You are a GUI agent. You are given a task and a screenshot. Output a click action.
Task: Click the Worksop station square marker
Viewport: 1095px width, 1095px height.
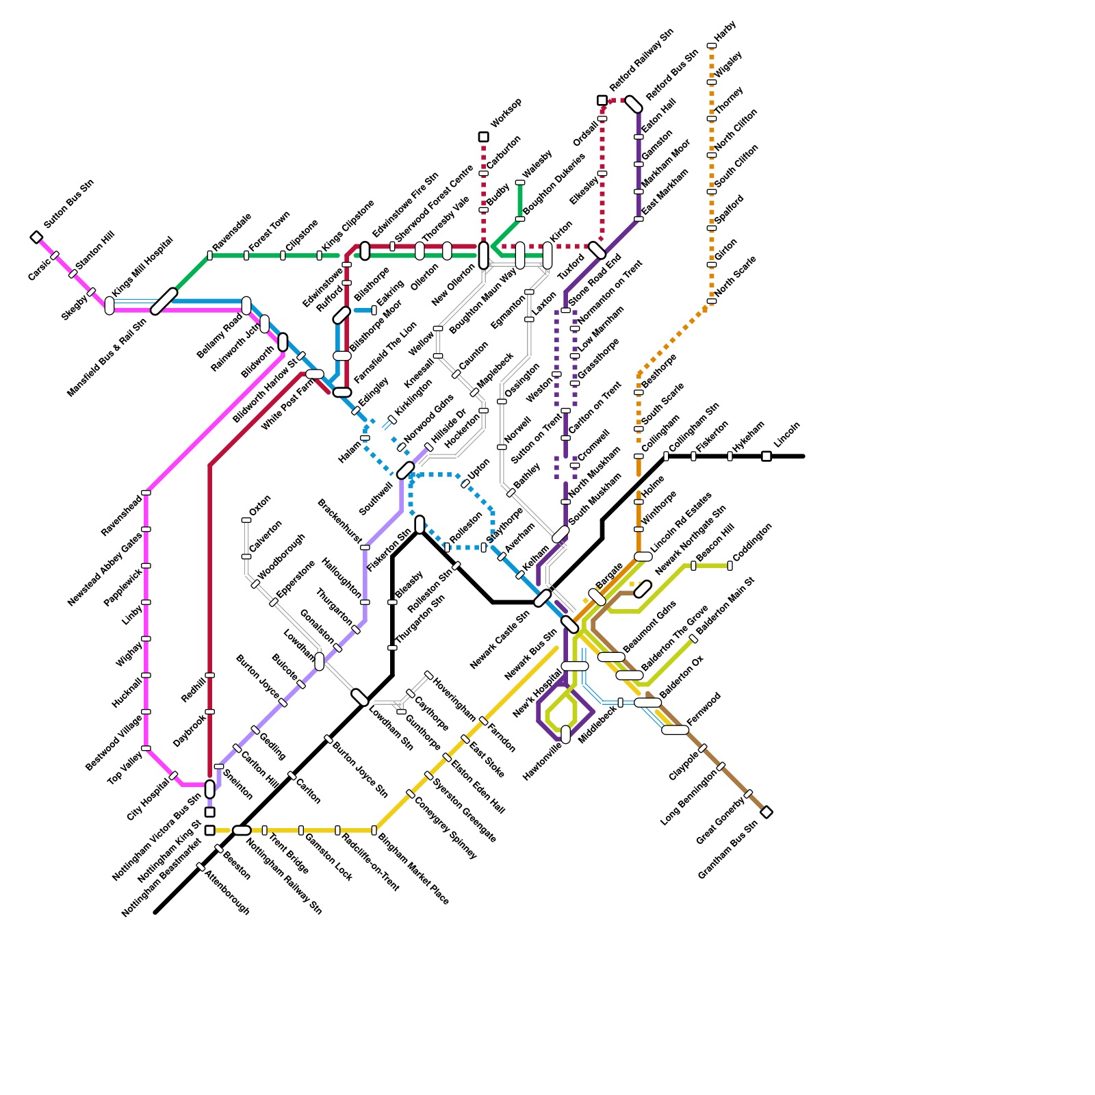483,137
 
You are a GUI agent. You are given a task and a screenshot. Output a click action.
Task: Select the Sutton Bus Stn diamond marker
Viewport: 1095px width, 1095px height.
37,237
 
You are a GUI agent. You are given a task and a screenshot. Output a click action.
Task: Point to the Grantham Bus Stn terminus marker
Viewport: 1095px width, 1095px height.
766,812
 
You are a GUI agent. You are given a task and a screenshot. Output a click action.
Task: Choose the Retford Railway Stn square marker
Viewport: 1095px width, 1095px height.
602,101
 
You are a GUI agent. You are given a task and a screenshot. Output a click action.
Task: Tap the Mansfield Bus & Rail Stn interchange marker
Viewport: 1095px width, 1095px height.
164,301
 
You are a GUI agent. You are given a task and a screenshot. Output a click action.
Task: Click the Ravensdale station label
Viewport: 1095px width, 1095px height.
232,232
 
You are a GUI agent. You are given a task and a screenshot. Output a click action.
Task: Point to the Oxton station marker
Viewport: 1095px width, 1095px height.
246,520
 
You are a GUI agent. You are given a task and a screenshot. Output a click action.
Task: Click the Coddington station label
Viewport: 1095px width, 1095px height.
752,543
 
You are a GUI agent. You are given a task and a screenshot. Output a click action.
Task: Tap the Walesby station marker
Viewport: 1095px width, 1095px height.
520,183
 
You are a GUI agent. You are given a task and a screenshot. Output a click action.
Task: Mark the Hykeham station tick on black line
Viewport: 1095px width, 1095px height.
730,456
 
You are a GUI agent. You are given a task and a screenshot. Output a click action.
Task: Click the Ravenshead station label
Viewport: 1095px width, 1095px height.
121,515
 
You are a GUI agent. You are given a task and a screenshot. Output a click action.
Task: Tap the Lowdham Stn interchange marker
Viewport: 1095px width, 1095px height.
360,697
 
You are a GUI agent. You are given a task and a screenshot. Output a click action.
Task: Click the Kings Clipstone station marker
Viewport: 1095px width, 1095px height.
319,255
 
